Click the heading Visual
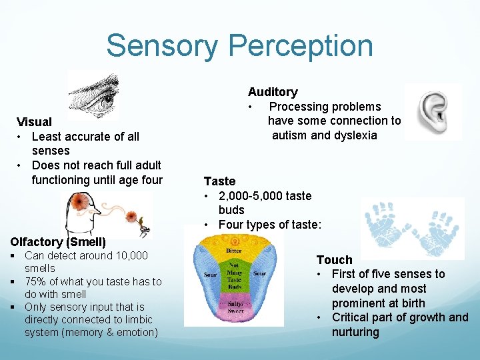[34, 122]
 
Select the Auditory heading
[273, 92]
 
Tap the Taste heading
[219, 181]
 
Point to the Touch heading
[334, 260]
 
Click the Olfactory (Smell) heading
[58, 242]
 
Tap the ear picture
[431, 111]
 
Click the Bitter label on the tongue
[233, 251]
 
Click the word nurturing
[355, 332]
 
